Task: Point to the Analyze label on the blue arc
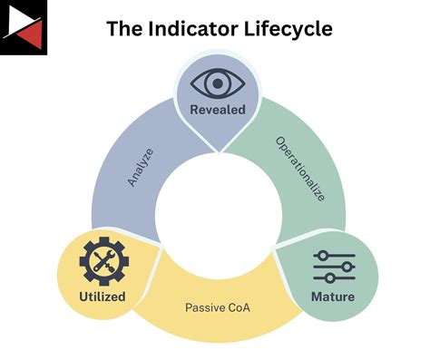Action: pos(140,167)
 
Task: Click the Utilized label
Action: pos(102,297)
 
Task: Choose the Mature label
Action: pos(334,297)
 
